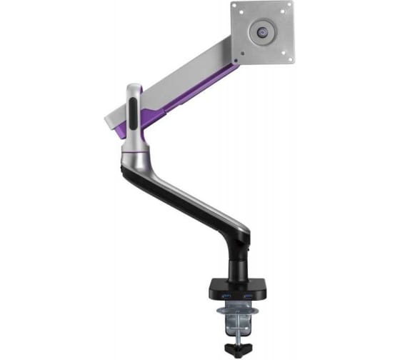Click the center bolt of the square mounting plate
point(263,32)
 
